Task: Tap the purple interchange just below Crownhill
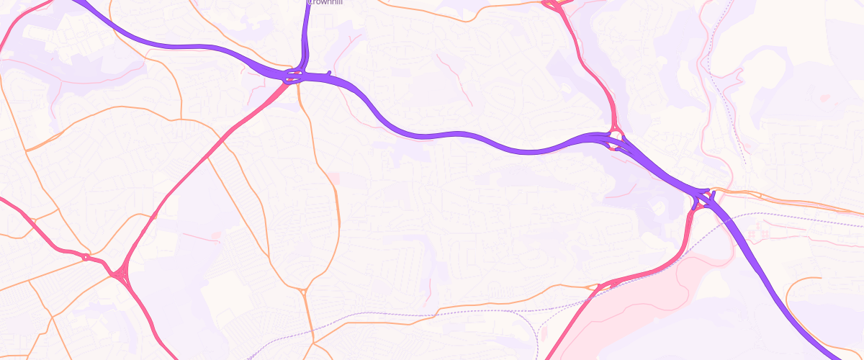coord(297,74)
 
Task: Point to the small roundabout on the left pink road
coord(86,257)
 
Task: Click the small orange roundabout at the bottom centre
coord(305,292)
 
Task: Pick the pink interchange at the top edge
coord(554,6)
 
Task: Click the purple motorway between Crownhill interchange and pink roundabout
coord(446,135)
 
